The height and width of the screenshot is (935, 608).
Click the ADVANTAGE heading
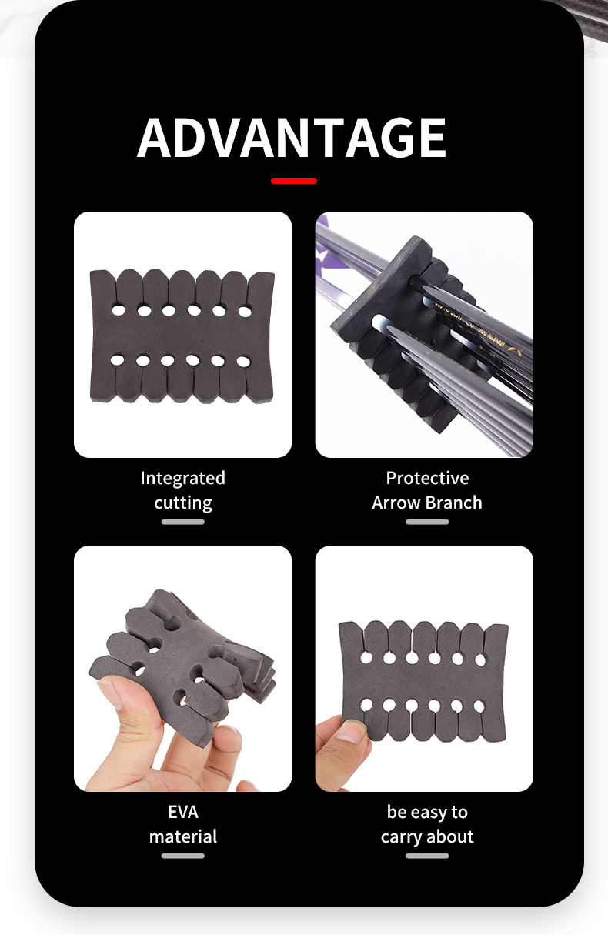[x=292, y=139]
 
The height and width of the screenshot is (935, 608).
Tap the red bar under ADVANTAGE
[x=294, y=181]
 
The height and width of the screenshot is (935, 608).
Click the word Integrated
[x=182, y=478]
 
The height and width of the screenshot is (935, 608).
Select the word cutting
[x=182, y=503]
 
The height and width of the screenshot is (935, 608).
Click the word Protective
[x=427, y=478]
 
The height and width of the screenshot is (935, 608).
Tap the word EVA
[x=183, y=812]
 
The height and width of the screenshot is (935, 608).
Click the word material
[x=183, y=836]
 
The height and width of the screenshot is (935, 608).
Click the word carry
[x=402, y=837]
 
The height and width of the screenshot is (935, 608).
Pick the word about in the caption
[x=450, y=836]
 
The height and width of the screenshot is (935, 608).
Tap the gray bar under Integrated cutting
[x=183, y=522]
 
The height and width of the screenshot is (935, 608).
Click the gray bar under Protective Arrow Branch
[x=427, y=522]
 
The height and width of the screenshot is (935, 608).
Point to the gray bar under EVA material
[x=183, y=856]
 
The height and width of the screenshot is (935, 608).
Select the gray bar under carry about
[x=427, y=856]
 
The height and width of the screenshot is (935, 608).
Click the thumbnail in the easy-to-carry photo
[x=350, y=731]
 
